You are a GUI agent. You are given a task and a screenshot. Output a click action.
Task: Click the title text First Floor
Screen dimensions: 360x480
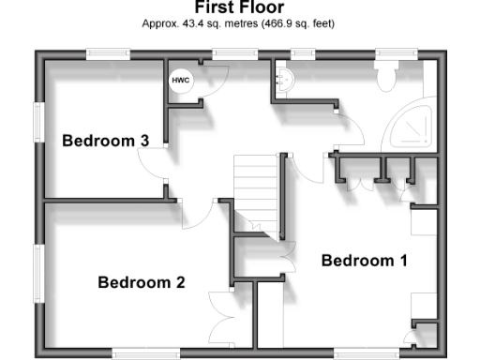pyautogui.click(x=239, y=7)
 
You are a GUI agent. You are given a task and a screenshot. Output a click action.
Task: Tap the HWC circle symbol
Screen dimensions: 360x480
pyautogui.click(x=179, y=81)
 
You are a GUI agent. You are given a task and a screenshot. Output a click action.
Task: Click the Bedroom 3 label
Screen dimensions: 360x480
pyautogui.click(x=105, y=141)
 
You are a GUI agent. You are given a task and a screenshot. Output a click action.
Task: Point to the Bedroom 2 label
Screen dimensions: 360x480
pyautogui.click(x=141, y=282)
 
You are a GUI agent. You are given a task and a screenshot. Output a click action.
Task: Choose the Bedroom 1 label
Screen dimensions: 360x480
pyautogui.click(x=365, y=261)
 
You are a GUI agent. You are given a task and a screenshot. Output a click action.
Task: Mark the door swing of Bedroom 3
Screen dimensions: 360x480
pyautogui.click(x=152, y=165)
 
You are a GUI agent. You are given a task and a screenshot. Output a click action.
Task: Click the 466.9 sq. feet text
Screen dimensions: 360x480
pyautogui.click(x=296, y=22)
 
